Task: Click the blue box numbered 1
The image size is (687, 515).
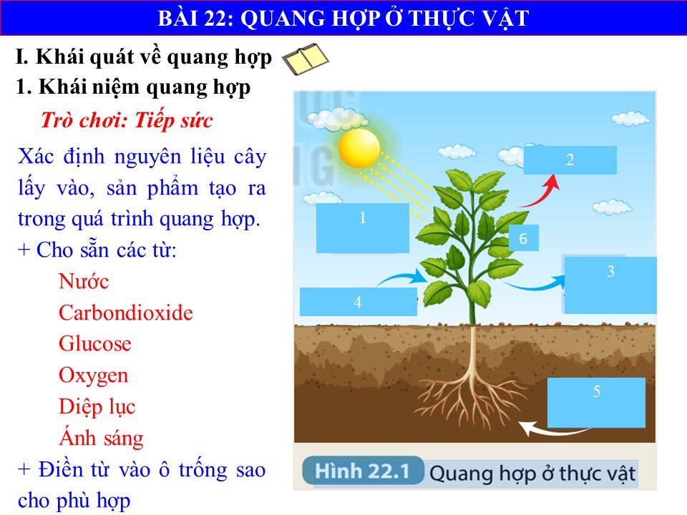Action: coord(363,227)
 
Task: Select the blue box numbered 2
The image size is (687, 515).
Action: coord(570,160)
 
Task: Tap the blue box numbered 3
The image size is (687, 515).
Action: coord(610,285)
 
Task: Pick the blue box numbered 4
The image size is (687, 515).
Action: coord(359,302)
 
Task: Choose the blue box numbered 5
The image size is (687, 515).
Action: coord(596,403)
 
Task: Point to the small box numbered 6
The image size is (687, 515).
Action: coord(524,237)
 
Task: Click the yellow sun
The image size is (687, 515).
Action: coord(359,148)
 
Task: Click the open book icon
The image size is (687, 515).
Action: coord(305,59)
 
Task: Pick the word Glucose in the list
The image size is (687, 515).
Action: coord(95,344)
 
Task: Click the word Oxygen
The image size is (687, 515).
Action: coord(93,376)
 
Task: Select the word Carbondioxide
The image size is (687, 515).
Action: coord(126,313)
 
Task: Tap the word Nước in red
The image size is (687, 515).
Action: coord(84,281)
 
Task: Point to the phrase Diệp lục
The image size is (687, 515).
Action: coord(97,407)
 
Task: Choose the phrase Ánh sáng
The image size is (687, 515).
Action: coord(101,438)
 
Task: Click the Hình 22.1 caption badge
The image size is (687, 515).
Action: coord(363,471)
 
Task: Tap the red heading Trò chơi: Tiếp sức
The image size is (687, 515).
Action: coord(127,120)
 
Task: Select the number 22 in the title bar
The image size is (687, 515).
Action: coord(215,19)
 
